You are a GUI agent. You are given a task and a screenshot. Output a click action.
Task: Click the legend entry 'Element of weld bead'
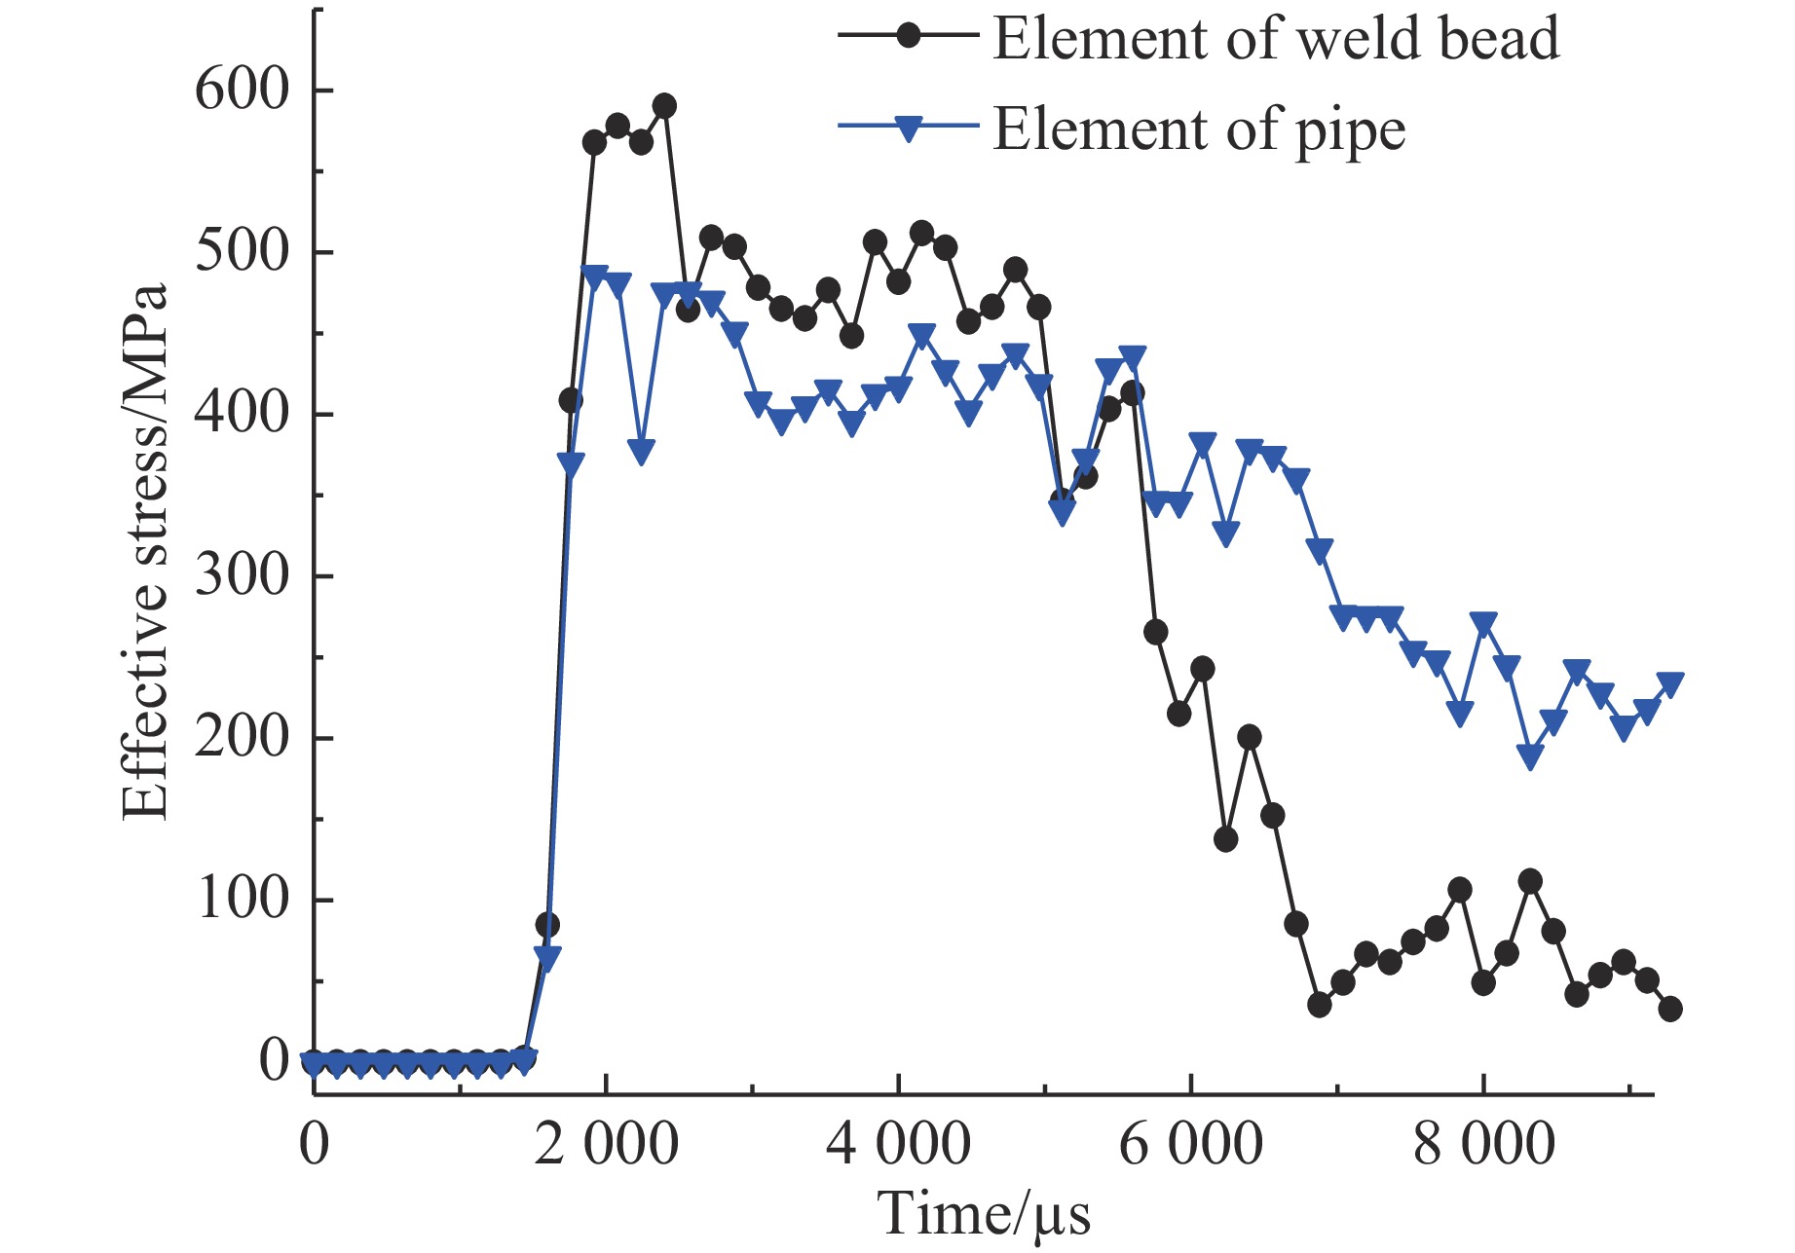[1276, 39]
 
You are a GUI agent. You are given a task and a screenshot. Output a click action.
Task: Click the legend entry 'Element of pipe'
[1199, 129]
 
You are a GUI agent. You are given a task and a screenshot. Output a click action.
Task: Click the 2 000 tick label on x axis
[606, 1143]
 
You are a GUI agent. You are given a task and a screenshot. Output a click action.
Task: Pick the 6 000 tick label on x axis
[1190, 1143]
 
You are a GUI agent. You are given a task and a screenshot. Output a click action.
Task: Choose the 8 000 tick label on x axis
[1483, 1143]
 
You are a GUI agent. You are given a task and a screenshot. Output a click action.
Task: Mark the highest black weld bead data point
[665, 105]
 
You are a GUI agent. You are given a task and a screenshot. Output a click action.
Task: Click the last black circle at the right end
[1670, 1010]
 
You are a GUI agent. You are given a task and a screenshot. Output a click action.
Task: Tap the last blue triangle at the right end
[1670, 684]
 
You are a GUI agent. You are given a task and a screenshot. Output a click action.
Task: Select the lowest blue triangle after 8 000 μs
[1530, 757]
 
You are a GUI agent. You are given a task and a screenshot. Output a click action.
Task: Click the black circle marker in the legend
[908, 36]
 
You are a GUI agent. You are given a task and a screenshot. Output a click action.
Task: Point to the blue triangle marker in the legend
[908, 129]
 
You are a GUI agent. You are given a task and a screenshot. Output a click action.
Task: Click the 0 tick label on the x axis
[314, 1143]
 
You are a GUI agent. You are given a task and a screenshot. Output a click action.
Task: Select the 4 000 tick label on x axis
[898, 1143]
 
